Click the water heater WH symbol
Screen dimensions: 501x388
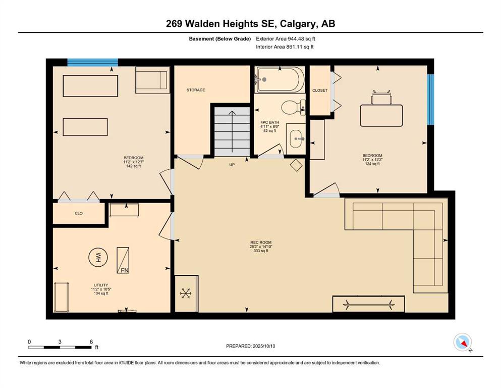pos(98,257)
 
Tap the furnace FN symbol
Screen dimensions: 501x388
pos(123,260)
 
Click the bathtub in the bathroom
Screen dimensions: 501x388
pos(280,80)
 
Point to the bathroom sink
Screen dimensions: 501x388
pos(296,139)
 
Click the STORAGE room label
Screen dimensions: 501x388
pos(196,90)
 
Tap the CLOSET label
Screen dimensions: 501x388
pos(320,90)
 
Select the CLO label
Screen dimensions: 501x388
pos(79,213)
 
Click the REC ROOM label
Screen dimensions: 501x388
pos(261,243)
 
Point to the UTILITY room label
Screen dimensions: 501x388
pos(101,285)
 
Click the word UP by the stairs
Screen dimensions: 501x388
pos(232,165)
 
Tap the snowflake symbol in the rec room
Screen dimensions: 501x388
pos(185,294)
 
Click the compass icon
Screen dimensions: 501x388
pos(462,342)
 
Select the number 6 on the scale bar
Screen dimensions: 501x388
pos(91,342)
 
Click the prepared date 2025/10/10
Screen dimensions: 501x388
pos(264,346)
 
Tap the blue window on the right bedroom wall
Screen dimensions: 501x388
pos(431,100)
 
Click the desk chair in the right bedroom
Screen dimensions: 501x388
pos(381,97)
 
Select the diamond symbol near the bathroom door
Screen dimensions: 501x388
pos(296,165)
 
